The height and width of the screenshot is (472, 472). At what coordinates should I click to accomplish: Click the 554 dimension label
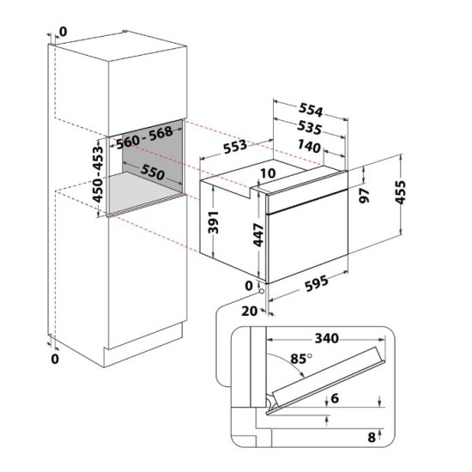pos(311,110)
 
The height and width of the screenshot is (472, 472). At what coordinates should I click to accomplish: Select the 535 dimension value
pos(310,128)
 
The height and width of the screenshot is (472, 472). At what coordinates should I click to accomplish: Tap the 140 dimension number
pos(309,147)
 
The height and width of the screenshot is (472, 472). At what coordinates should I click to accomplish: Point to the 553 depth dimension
pos(235,147)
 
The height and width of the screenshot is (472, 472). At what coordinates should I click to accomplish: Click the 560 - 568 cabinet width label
pos(144,137)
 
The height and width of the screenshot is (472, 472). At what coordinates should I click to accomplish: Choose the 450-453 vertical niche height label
pos(98,173)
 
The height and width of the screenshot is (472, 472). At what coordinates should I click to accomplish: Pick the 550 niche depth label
pos(153,172)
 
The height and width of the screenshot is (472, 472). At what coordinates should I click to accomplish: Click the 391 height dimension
pos(214,222)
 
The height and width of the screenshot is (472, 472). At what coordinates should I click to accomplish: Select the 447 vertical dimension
pos(258,235)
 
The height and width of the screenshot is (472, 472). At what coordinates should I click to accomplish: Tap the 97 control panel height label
pos(365,196)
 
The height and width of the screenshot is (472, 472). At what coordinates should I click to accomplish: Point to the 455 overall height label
pos(401,192)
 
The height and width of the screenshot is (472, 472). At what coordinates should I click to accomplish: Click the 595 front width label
pos(317,283)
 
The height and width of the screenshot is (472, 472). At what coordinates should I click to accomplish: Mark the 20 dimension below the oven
pos(250,311)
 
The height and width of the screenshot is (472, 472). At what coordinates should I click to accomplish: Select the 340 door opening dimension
pos(327,338)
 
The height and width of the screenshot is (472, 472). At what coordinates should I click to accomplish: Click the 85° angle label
pos(301,359)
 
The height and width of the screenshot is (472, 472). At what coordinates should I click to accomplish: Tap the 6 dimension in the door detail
pos(335,398)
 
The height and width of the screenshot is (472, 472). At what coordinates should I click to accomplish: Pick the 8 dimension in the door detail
pos(372,437)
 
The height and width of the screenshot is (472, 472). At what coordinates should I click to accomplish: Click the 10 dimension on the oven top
pos(268,173)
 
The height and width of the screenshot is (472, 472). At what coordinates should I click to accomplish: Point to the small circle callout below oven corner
pos(261,291)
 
